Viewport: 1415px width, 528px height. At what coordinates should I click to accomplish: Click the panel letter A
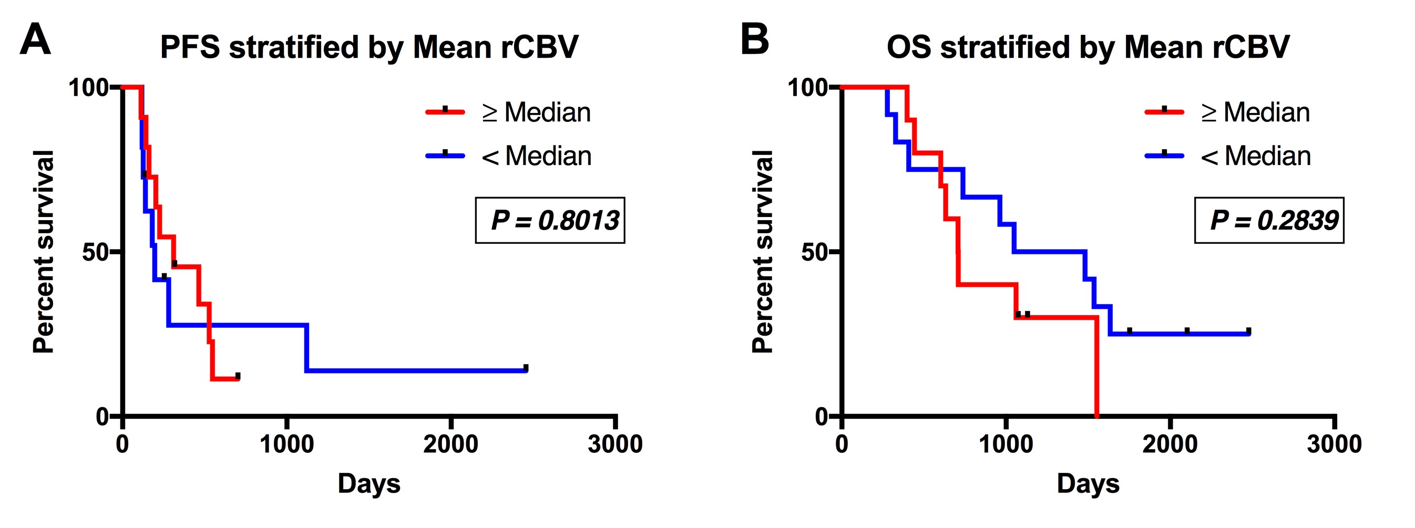click(x=35, y=39)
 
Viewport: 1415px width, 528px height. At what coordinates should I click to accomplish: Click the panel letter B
click(x=754, y=39)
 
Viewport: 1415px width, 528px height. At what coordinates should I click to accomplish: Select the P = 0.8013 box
click(x=550, y=220)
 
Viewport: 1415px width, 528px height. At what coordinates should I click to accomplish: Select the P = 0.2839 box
click(x=1269, y=220)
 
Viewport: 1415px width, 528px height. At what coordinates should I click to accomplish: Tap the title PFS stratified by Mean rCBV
click(x=368, y=47)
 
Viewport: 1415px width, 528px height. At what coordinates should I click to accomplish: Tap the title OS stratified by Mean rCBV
click(x=1088, y=47)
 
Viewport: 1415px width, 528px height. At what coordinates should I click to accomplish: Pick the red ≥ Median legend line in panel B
click(x=1164, y=112)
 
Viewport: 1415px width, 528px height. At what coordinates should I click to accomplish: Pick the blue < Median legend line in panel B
click(x=1164, y=156)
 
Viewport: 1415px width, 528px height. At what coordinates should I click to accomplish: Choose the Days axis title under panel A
click(x=368, y=484)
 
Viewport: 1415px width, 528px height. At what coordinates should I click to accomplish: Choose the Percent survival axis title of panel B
click(x=763, y=251)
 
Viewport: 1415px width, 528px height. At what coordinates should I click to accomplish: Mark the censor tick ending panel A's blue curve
click(x=526, y=368)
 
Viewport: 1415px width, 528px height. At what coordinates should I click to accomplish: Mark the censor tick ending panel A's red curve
click(x=237, y=376)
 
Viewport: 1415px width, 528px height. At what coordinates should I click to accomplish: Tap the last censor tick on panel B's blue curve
click(x=1248, y=331)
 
